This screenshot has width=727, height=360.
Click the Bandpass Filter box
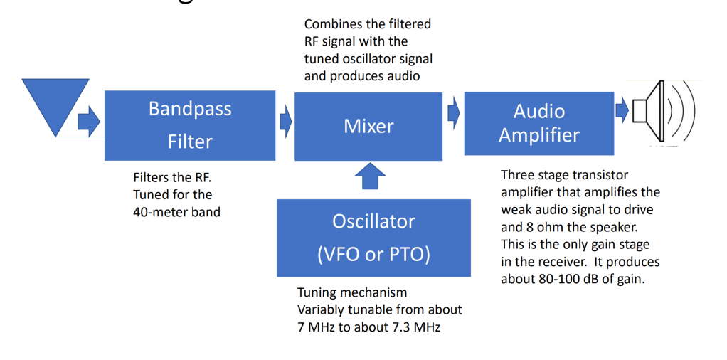click(x=190, y=125)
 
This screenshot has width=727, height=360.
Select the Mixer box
click(x=368, y=126)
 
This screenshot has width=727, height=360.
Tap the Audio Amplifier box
click(x=538, y=123)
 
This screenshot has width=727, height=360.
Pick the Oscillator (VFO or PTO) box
click(x=373, y=238)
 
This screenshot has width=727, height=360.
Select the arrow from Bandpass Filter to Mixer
click(x=285, y=122)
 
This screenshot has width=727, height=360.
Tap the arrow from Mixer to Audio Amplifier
click(x=454, y=112)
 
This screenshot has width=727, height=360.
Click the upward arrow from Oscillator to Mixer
click(x=370, y=176)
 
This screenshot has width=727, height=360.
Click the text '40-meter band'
click(x=176, y=211)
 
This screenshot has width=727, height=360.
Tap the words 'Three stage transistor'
click(x=564, y=175)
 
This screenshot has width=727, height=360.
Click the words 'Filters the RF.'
click(x=171, y=178)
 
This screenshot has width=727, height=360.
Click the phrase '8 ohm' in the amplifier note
click(x=547, y=227)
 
